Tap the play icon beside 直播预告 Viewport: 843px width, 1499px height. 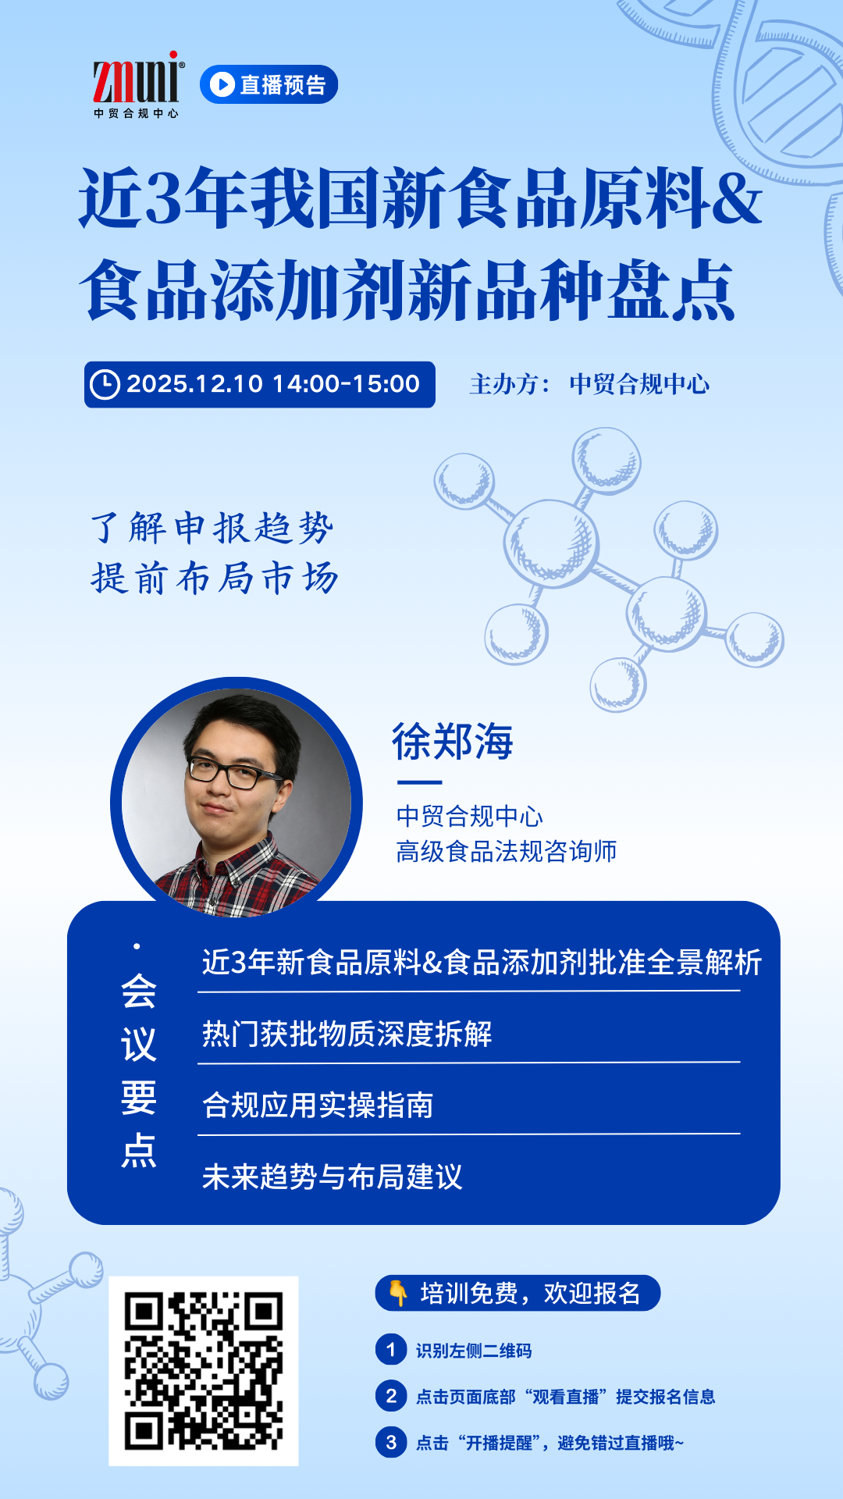(222, 84)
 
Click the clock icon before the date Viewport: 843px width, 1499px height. (105, 384)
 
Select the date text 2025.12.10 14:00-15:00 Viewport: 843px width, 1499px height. (273, 384)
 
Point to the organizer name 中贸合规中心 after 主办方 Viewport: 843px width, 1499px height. (639, 384)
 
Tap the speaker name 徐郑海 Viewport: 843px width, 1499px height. (453, 741)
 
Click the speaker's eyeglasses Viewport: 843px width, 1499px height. (233, 772)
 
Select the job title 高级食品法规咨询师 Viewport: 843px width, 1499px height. (507, 851)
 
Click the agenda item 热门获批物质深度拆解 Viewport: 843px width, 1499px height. (347, 1034)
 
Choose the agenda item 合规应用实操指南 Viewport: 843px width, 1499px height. (318, 1106)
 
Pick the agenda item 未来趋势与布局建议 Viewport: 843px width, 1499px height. (333, 1177)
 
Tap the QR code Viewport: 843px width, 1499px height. (204, 1371)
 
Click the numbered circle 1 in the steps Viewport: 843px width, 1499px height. (391, 1350)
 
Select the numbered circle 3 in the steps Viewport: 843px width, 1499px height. (391, 1442)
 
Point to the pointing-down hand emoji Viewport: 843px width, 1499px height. (398, 1293)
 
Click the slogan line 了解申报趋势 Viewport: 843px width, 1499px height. (212, 528)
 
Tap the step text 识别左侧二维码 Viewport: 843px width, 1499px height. (474, 1351)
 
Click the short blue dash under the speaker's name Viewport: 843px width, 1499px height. (420, 782)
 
